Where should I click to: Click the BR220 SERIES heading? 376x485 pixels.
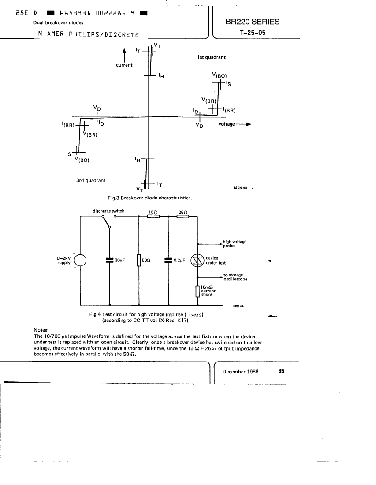point(252,22)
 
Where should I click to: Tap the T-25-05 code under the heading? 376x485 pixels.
point(252,33)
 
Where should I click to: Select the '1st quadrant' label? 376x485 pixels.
point(211,57)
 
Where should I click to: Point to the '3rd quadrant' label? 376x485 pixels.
point(91,180)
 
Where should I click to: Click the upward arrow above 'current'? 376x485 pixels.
point(124,55)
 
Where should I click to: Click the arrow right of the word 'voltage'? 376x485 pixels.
point(244,124)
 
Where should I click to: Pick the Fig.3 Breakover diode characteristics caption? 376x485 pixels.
point(150,198)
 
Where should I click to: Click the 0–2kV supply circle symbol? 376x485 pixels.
point(79,260)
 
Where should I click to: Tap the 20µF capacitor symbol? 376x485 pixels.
point(109,260)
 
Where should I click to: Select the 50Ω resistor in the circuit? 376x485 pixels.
point(139,260)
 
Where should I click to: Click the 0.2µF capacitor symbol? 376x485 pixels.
point(168,260)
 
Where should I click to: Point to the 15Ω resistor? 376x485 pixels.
point(153,216)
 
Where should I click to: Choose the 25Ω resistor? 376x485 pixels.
point(183,216)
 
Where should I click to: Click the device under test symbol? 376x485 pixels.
point(197,261)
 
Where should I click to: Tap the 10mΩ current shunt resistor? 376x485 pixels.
point(197,291)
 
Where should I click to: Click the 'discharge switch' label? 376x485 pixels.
point(108,211)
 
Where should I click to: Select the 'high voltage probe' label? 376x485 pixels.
point(235,244)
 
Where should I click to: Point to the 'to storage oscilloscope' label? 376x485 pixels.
point(235,277)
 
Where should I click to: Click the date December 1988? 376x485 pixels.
point(240,372)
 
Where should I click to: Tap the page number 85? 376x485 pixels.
point(281,371)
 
